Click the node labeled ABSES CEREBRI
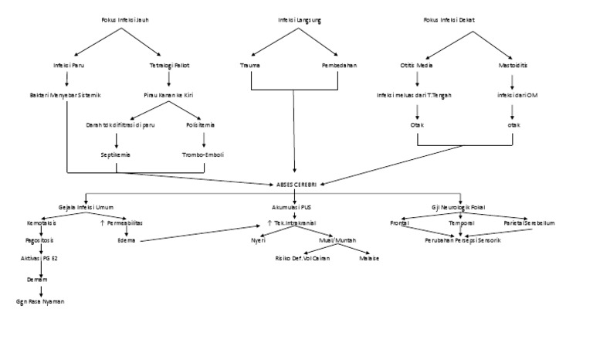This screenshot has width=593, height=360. [x=296, y=183]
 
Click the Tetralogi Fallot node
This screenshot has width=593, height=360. [x=170, y=66]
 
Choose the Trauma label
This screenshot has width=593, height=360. [x=250, y=66]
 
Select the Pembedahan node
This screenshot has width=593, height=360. [x=339, y=66]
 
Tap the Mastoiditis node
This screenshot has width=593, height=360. [x=513, y=66]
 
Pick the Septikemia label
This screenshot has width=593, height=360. [x=115, y=155]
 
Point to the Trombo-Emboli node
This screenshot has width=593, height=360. [x=203, y=155]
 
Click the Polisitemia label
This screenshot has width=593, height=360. [x=200, y=124]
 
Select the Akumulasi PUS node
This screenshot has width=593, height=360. [x=292, y=207]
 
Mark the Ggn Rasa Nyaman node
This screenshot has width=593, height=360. [x=41, y=301]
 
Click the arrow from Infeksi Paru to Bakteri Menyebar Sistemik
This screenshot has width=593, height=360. [x=68, y=80]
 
